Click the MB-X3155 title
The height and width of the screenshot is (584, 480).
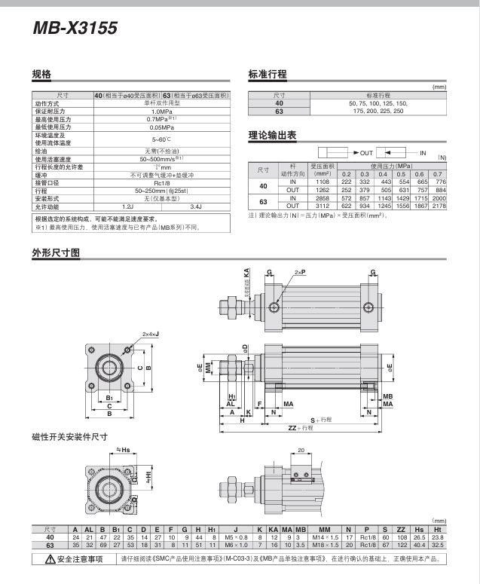pos(75,29)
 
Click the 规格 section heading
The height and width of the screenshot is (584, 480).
pos(41,75)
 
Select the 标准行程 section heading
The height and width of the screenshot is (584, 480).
pos(268,75)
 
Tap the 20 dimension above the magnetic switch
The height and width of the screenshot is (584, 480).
pos(301,451)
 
